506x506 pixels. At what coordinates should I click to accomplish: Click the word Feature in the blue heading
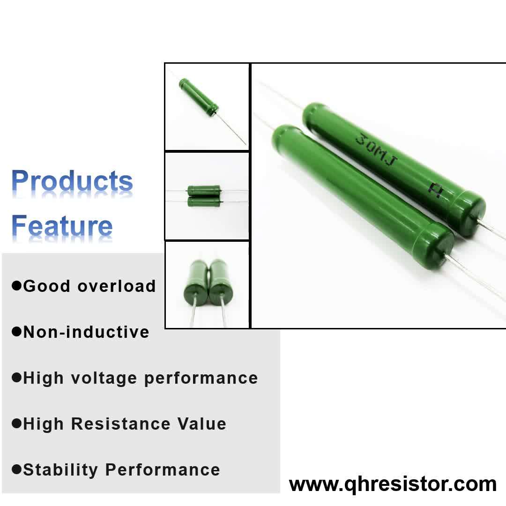pos(62,226)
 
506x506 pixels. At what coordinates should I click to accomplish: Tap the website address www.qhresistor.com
pos(393,484)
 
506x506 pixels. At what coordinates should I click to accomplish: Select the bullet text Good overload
pos(89,286)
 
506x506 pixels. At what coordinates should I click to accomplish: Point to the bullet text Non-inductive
pos(86,332)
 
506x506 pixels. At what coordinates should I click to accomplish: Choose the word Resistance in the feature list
pos(120,424)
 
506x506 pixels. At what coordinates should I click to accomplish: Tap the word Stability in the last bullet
pos(61,469)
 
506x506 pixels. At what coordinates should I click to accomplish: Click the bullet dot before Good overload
pos(17,285)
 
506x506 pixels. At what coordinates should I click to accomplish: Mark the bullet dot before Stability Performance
pos(17,469)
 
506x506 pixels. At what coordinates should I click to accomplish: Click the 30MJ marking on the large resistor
pos(377,152)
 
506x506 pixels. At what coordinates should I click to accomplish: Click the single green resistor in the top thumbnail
pos(199,97)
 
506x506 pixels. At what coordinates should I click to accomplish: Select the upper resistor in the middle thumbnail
pos(203,190)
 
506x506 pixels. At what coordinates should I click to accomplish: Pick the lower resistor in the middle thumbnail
pos(203,201)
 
